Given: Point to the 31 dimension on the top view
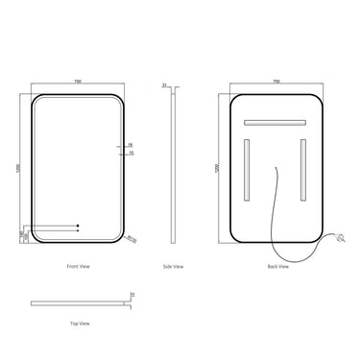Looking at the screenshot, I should (132, 294).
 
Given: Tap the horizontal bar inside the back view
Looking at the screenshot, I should (276, 123).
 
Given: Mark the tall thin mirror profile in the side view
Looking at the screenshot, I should (173, 168).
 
